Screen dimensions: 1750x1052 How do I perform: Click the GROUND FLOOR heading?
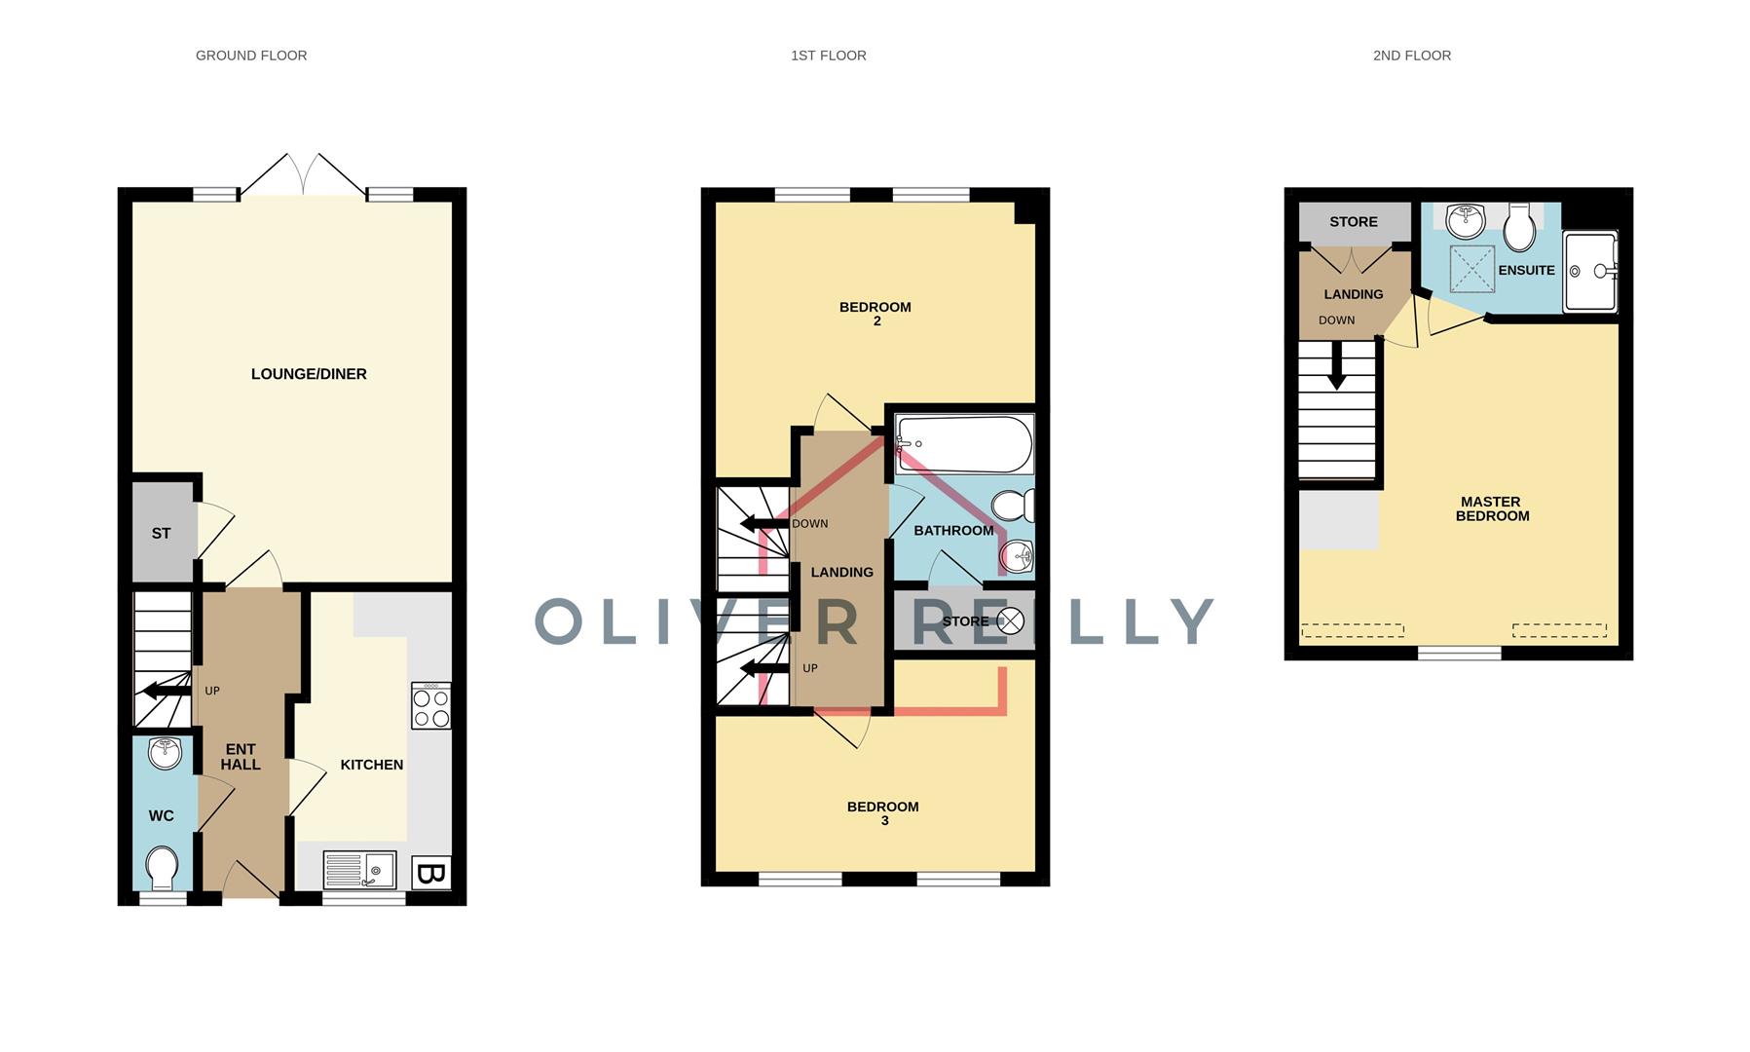[x=251, y=56]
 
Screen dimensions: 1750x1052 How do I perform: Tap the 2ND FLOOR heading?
[x=1412, y=56]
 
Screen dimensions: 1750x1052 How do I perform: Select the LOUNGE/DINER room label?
[x=309, y=374]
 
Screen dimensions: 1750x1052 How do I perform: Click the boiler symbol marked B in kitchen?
[x=430, y=874]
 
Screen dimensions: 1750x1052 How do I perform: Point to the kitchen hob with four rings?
[x=431, y=705]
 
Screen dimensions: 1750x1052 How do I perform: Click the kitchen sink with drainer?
[x=359, y=870]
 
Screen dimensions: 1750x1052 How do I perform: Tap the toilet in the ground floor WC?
[x=162, y=868]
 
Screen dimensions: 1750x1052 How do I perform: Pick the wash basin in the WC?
[x=166, y=753]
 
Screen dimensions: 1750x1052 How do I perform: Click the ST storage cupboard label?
[x=161, y=534]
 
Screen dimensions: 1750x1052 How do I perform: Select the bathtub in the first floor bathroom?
[x=964, y=445]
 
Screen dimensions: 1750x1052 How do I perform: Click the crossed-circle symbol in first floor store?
[x=1011, y=620]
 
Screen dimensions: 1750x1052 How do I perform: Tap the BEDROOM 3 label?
[x=883, y=813]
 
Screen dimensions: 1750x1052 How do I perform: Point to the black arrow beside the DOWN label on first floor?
[x=764, y=524]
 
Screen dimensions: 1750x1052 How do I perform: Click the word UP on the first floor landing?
[x=810, y=668]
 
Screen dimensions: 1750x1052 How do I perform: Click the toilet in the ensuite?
[x=1519, y=227]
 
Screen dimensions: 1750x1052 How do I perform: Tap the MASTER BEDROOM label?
[x=1492, y=509]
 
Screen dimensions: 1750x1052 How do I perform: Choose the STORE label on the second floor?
[x=1354, y=222]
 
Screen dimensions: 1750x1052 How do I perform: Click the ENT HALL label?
[x=241, y=757]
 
